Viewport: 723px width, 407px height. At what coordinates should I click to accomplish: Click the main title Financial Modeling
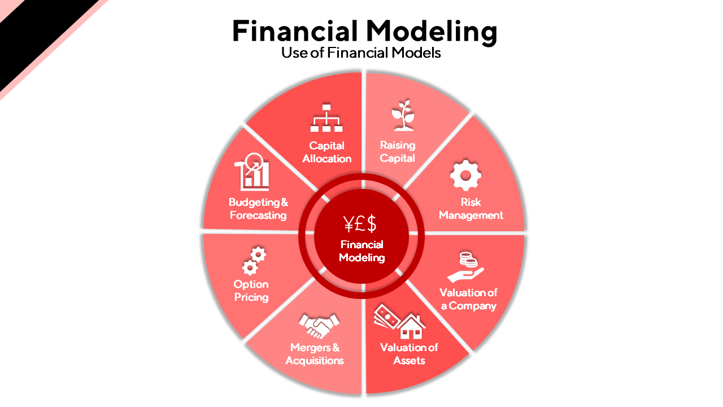tap(364, 31)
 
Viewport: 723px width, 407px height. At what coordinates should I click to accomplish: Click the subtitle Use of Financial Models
tap(361, 53)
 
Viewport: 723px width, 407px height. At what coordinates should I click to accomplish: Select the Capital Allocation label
tap(326, 152)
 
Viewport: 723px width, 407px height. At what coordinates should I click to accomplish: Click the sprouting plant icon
tap(403, 116)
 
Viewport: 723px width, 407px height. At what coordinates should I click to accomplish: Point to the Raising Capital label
tap(397, 151)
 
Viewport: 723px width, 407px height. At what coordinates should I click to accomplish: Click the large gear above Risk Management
tap(465, 175)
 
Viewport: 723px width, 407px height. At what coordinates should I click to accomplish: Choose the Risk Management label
tap(471, 209)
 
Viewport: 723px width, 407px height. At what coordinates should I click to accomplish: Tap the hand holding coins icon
tap(465, 267)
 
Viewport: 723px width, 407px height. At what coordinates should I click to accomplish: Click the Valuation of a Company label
tap(468, 299)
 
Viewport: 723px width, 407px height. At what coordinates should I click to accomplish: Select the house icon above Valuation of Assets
tap(411, 326)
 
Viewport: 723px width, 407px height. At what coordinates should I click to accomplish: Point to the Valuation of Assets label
tap(409, 354)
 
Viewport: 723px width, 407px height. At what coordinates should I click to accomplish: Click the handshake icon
tap(319, 324)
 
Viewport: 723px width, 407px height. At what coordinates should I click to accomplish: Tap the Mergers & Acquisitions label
tap(315, 354)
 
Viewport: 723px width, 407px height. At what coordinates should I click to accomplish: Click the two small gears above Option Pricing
tap(254, 260)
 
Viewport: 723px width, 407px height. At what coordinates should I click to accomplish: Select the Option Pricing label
tap(251, 291)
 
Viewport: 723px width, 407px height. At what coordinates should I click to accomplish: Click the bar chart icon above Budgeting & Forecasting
tap(255, 173)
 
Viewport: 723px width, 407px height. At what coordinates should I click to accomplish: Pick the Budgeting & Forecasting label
tap(258, 209)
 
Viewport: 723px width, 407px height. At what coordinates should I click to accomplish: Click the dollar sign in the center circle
tap(371, 224)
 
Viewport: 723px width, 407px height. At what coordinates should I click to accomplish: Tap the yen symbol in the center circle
tap(349, 224)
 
